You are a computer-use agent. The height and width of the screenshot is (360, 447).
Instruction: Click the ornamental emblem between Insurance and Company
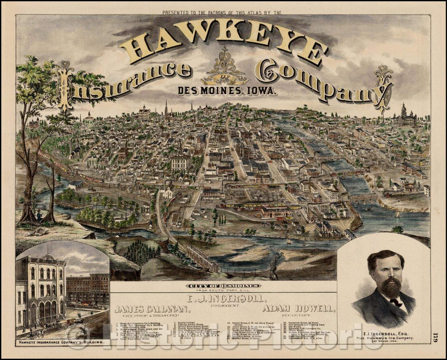(x=224, y=68)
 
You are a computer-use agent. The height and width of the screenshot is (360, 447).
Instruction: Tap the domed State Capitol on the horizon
(x=404, y=116)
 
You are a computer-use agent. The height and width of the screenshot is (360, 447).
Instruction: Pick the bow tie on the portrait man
(x=396, y=302)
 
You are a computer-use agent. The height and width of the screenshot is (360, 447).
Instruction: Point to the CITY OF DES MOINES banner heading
(x=223, y=286)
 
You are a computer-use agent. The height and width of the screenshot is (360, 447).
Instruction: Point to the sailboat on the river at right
(x=398, y=214)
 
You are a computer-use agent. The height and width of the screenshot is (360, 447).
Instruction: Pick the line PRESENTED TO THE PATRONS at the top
(x=222, y=13)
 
